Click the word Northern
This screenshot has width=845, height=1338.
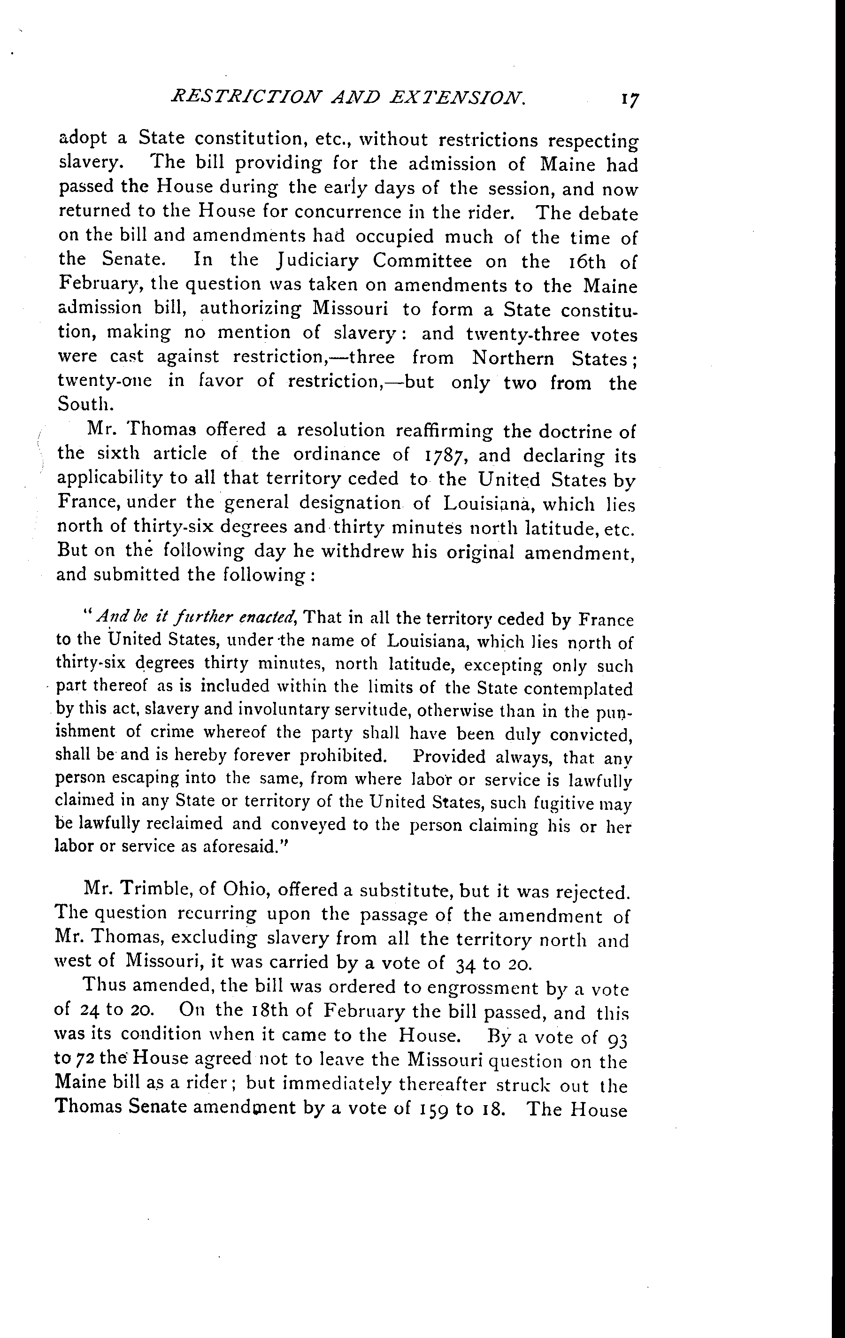513,358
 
